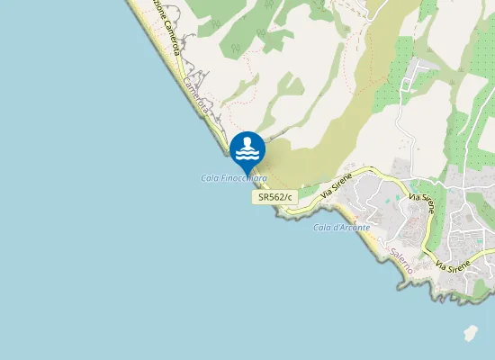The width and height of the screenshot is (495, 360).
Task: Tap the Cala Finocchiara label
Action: point(233,178)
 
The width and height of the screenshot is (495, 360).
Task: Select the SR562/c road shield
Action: point(276,196)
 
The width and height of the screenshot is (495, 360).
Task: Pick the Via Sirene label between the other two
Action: point(422,202)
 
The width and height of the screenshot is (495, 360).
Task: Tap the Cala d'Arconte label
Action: point(341,227)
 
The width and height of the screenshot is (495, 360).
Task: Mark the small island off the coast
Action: point(471,334)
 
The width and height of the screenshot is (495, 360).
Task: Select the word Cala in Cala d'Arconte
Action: point(321,227)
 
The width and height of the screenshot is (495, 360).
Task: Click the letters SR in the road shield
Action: point(265,196)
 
